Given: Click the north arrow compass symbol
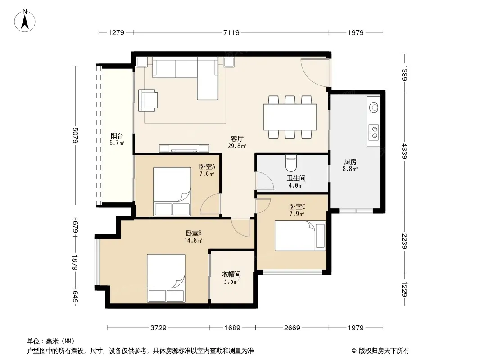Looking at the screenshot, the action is pyautogui.click(x=25, y=20).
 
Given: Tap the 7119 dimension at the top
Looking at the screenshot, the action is pyautogui.click(x=231, y=32).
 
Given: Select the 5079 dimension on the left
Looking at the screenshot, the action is pyautogui.click(x=76, y=135).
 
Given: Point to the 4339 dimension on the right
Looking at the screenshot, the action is pyautogui.click(x=404, y=151).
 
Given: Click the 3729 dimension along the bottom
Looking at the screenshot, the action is pyautogui.click(x=158, y=328).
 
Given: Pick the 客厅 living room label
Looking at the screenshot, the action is pyautogui.click(x=237, y=139).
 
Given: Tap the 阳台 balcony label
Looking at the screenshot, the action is pyautogui.click(x=117, y=135).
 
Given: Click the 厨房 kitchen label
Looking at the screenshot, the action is pyautogui.click(x=350, y=162).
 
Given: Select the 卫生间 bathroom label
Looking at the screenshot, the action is pyautogui.click(x=296, y=178).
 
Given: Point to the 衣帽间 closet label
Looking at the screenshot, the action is pyautogui.click(x=231, y=274).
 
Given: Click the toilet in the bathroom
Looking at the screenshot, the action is pyautogui.click(x=291, y=163).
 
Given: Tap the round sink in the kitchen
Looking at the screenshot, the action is pyautogui.click(x=374, y=107).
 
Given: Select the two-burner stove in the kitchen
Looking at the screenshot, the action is pyautogui.click(x=373, y=132).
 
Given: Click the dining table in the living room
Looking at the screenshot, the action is pyautogui.click(x=290, y=117).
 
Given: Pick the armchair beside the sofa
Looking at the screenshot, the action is pyautogui.click(x=148, y=100).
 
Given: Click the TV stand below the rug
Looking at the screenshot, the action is pyautogui.click(x=184, y=148).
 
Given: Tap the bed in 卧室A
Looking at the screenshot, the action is pyautogui.click(x=172, y=191).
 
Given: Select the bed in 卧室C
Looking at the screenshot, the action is pyautogui.click(x=300, y=236).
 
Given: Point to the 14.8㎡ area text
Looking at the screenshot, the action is pyautogui.click(x=193, y=240).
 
